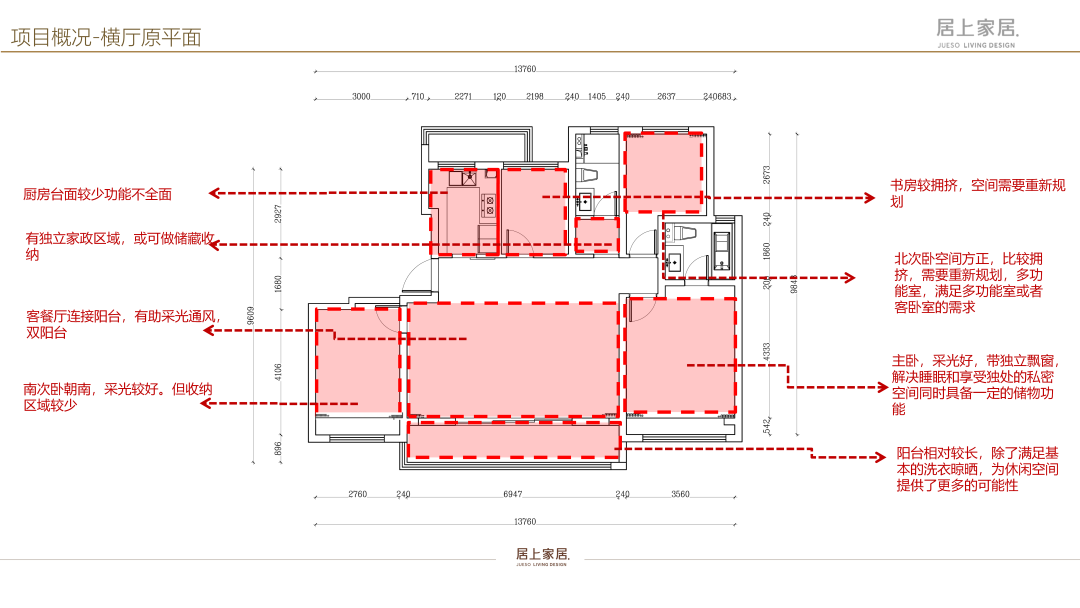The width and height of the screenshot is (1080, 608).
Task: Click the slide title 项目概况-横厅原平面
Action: point(106,38)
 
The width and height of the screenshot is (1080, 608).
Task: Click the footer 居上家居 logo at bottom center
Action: point(541,555)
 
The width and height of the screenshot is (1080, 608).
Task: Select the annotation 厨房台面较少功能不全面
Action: point(97,194)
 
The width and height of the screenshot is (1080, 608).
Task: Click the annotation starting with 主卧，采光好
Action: point(985,384)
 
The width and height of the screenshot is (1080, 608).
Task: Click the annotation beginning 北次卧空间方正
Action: point(968,282)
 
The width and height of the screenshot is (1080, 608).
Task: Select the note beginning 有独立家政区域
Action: point(118,247)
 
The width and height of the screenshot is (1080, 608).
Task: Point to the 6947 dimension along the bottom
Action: point(513,494)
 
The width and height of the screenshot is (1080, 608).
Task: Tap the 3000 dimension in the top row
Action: point(361,97)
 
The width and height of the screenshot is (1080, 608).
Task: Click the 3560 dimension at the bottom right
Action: point(680,494)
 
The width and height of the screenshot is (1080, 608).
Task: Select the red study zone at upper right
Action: point(662,171)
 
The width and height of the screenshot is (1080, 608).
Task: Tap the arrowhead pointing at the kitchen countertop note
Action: point(213,194)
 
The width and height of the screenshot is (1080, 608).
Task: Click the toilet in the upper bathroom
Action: point(588,176)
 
